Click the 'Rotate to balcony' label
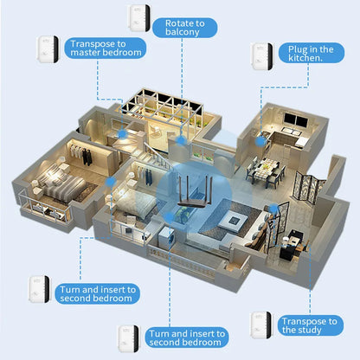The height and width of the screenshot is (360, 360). pyautogui.click(x=181, y=27)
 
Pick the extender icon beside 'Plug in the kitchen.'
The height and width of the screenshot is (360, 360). pyautogui.click(x=262, y=56)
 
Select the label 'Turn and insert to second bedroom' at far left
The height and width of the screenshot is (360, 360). pyautogui.click(x=96, y=293)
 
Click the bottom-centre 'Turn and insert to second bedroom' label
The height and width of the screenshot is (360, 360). pyautogui.click(x=186, y=337)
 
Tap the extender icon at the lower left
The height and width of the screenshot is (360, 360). pyautogui.click(x=37, y=287)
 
